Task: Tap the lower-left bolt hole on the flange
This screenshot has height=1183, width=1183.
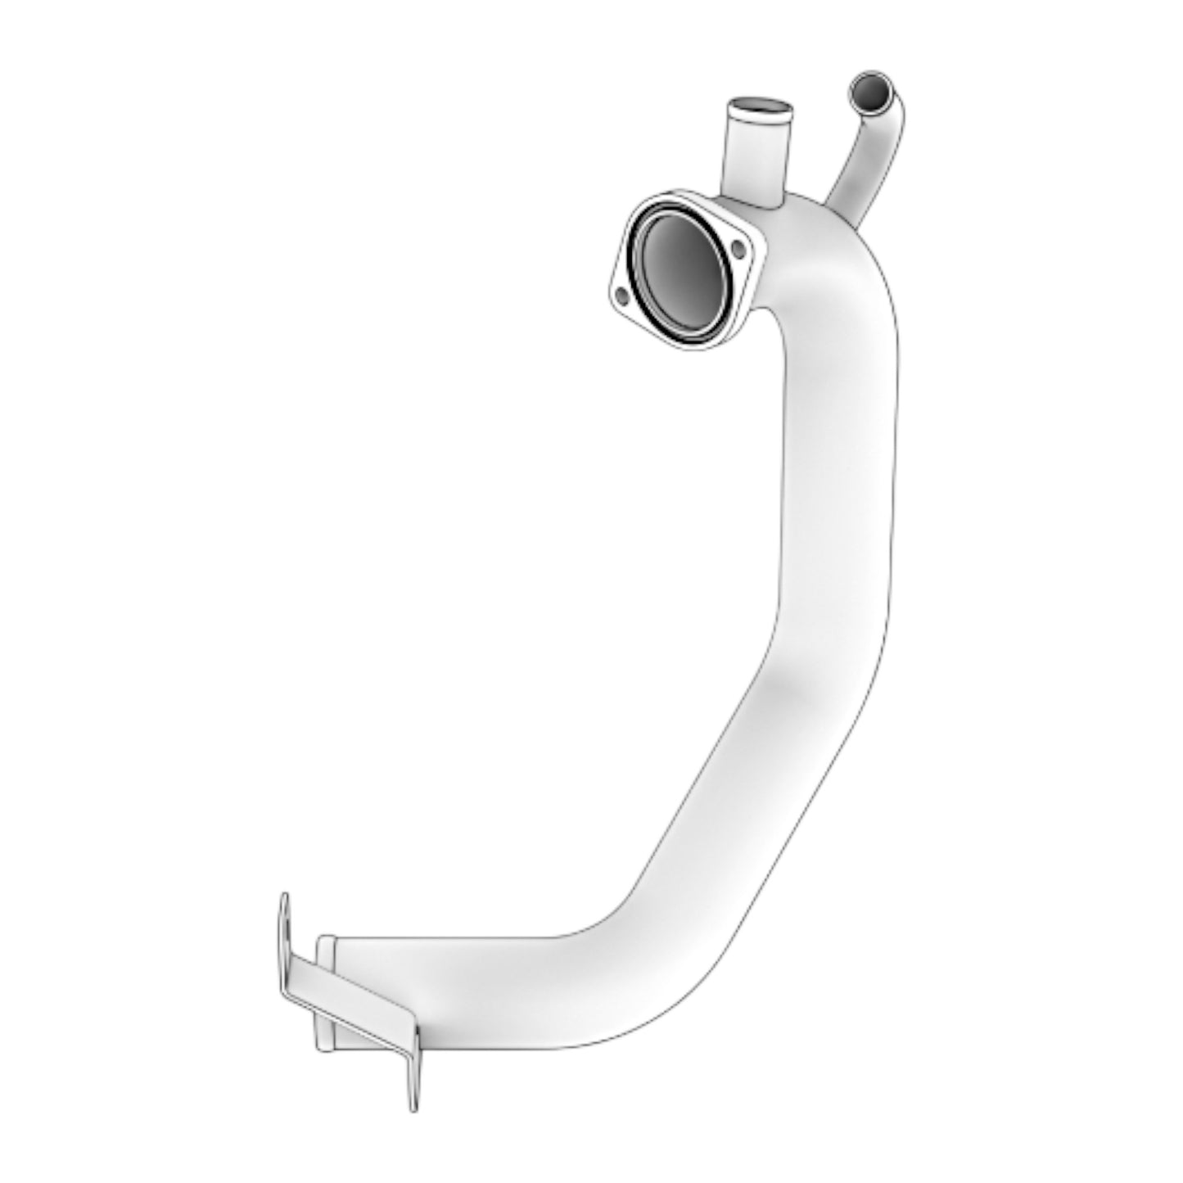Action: (x=622, y=294)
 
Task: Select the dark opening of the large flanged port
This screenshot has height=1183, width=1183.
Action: (x=681, y=269)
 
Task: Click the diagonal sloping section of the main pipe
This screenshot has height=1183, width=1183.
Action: (x=737, y=786)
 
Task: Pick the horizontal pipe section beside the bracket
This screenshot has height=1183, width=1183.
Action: (x=491, y=982)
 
